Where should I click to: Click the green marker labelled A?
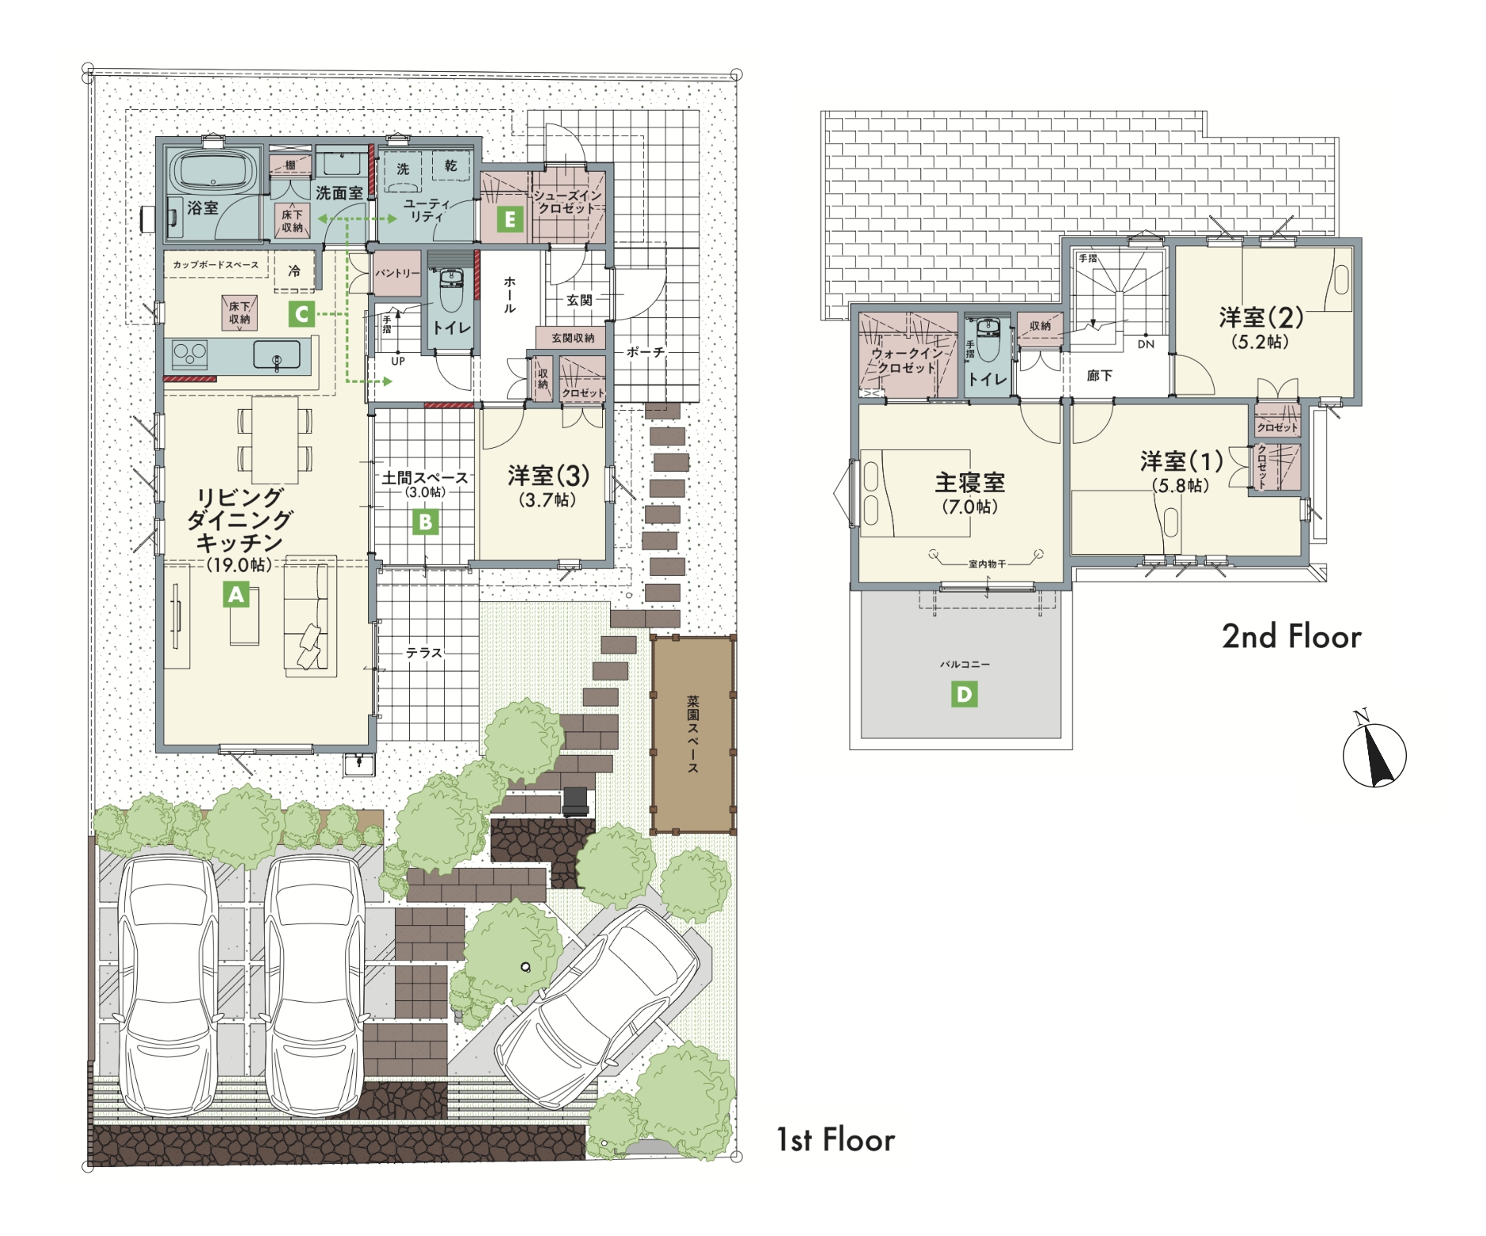[x=237, y=594]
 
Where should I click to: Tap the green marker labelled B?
[x=426, y=521]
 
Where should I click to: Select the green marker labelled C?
[x=301, y=314]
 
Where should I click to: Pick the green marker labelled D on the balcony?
[x=964, y=695]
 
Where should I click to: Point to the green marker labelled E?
[x=510, y=219]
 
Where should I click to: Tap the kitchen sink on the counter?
[x=277, y=355]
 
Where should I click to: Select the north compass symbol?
[x=1374, y=751]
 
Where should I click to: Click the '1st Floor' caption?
[x=836, y=1139]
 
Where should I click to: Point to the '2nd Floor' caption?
[x=1291, y=636]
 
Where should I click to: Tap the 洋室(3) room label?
[x=548, y=476]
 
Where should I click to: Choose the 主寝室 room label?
[x=970, y=482]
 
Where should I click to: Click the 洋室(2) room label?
[x=1260, y=317]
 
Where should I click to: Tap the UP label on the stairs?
[x=398, y=361]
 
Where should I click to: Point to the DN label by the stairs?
[x=1146, y=344]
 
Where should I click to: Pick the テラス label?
[x=424, y=653]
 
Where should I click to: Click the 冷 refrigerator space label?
[x=294, y=271]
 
